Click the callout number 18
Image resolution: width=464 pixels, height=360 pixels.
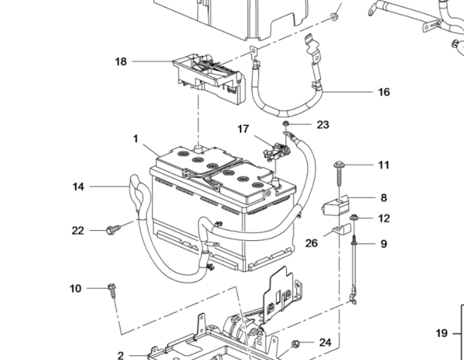click(120, 61)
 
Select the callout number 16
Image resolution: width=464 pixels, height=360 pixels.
click(384, 92)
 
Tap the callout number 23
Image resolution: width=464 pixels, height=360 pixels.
click(322, 124)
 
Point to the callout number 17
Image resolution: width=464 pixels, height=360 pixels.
click(244, 128)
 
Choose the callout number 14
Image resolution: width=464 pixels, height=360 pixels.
click(80, 186)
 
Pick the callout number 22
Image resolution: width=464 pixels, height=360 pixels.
click(77, 229)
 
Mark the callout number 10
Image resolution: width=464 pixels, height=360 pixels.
click(75, 288)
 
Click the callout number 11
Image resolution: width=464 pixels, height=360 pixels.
click(384, 165)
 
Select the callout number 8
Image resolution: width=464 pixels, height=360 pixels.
click(384, 198)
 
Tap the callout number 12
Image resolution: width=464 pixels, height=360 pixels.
click(384, 219)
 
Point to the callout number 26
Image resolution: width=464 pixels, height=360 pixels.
click(312, 243)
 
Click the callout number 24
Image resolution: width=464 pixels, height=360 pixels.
click(325, 342)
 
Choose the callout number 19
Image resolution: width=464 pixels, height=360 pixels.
click(442, 334)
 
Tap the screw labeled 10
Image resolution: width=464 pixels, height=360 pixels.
click(112, 289)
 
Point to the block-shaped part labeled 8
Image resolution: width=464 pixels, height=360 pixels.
click(335, 205)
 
